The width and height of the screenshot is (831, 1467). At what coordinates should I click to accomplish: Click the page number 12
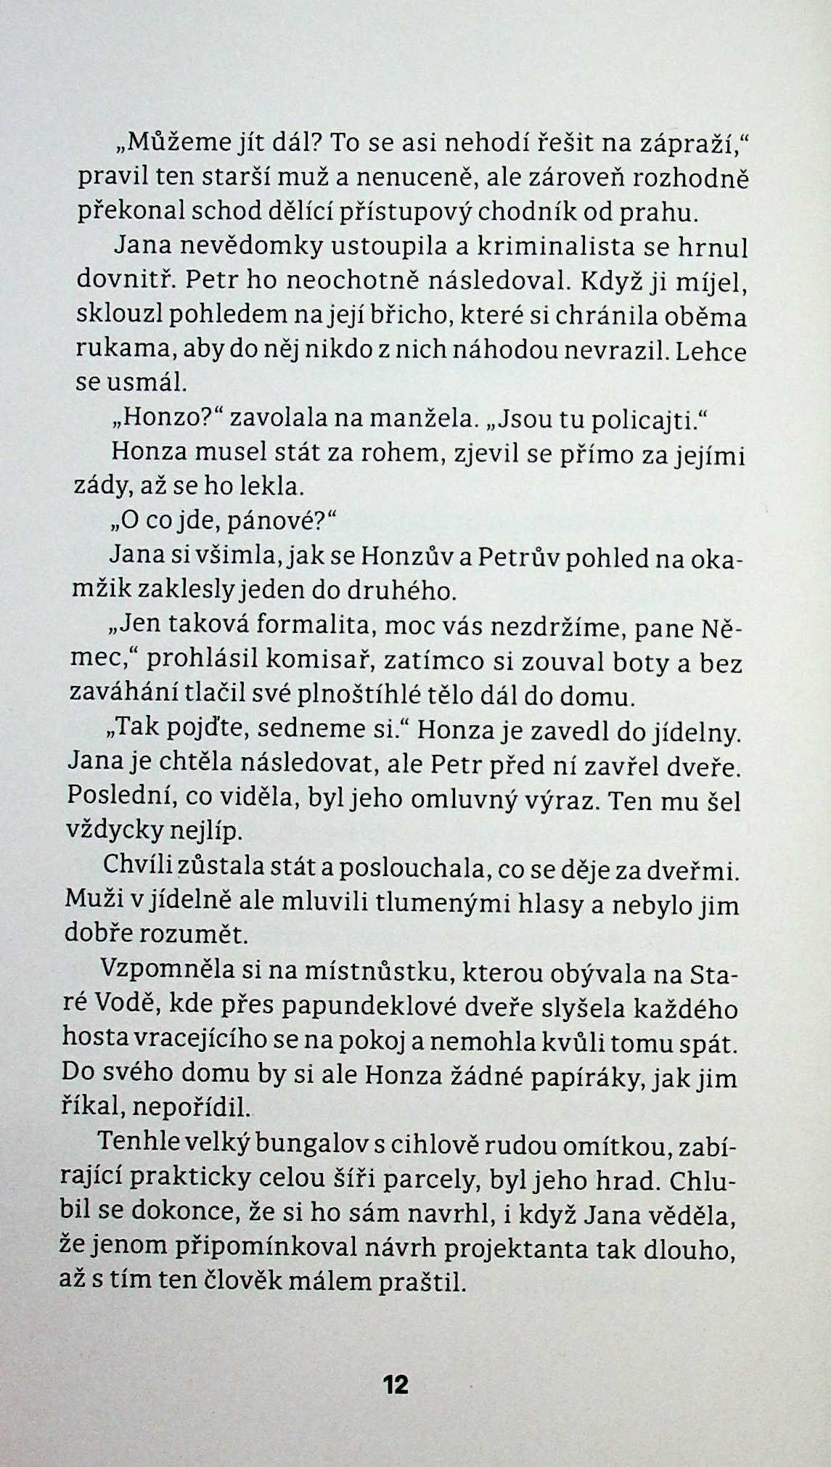[x=396, y=1384]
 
